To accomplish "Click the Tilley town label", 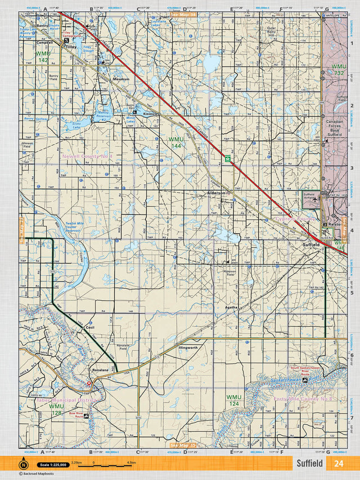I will [71, 48].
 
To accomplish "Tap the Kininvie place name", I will [151, 114].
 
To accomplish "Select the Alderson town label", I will [216, 193].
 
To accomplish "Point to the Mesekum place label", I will [121, 79].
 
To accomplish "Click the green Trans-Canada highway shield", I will [227, 159].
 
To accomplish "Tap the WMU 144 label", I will [175, 142].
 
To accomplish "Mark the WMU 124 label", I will [234, 400].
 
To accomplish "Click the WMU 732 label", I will [339, 70].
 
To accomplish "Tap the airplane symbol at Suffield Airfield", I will [316, 198].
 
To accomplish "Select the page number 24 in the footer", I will [339, 464].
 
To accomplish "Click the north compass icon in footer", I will [24, 464].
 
